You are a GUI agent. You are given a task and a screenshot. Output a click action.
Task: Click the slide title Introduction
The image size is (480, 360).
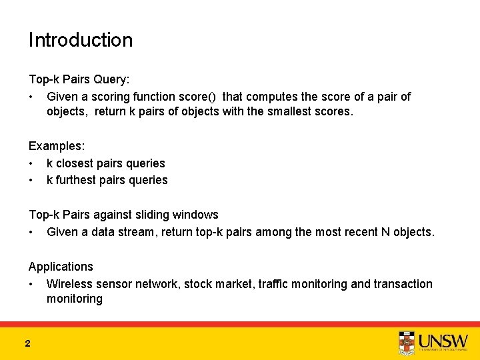80,40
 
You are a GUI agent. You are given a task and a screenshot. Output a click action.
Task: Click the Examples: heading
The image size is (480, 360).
55,146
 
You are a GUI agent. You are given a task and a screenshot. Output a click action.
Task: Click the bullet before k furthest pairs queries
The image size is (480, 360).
31,180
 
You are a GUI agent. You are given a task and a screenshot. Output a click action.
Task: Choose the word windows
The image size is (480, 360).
195,215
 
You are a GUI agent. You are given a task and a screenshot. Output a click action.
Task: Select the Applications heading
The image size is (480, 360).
61,267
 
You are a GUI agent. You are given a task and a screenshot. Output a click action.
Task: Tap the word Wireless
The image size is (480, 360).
69,284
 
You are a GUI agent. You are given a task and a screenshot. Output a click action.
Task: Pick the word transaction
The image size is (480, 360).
403,284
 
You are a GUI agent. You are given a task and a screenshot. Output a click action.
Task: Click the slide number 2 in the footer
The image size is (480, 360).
27,343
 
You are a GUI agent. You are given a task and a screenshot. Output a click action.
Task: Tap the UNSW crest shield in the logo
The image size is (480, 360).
406,341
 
